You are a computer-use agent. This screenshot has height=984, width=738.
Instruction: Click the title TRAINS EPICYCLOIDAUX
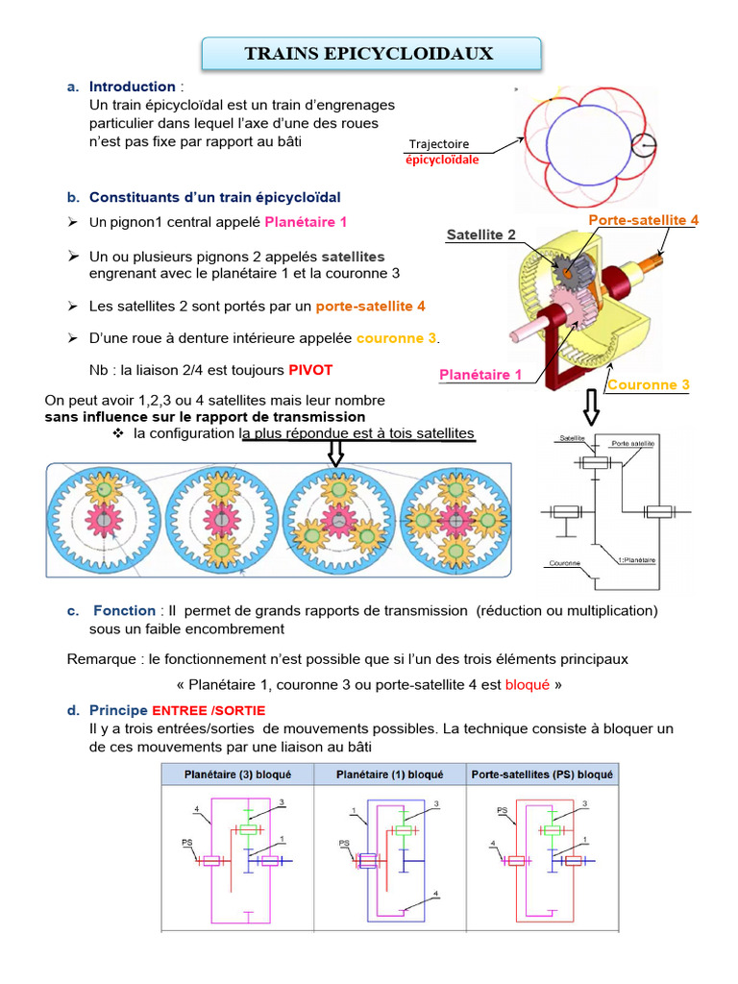coord(370,54)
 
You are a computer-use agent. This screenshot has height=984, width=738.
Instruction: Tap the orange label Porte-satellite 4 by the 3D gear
coord(643,220)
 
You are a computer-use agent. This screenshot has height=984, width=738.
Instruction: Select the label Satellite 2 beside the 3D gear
coord(481,234)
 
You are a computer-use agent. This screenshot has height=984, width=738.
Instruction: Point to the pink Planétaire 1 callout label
coord(480,375)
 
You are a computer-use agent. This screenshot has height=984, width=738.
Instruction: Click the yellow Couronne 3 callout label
coord(648,385)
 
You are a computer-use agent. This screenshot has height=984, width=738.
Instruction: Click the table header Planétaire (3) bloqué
coord(234,774)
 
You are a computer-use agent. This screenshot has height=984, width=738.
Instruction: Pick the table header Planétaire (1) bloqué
coord(389,774)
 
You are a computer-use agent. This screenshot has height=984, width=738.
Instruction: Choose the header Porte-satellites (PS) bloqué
coord(542,774)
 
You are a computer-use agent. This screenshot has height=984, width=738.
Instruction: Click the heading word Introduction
coord(133,86)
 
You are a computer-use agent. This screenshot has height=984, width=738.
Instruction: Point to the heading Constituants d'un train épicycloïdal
coord(215,197)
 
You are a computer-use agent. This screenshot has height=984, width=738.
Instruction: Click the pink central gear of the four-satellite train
coord(453,520)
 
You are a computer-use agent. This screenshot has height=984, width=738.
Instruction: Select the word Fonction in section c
coord(125,610)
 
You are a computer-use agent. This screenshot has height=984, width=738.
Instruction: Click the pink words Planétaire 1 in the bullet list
coord(306,222)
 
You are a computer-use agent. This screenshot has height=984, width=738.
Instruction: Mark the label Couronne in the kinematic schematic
coord(564,563)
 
